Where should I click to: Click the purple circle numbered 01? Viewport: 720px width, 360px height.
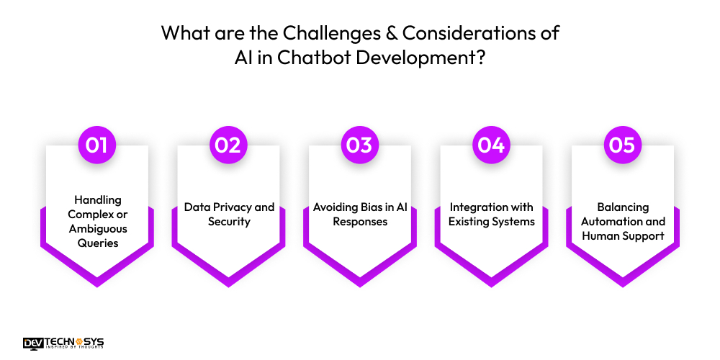click(x=96, y=145)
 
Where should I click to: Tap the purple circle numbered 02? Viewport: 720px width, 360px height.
click(x=228, y=145)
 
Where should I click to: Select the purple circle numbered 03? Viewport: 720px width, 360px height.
click(x=359, y=145)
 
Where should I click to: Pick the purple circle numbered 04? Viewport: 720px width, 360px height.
click(x=491, y=145)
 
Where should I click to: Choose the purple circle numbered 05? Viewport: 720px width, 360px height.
click(x=622, y=145)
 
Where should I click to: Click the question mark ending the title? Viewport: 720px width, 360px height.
click(x=480, y=58)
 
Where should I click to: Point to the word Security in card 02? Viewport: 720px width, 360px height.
click(x=229, y=222)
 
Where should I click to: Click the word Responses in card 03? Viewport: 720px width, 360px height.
click(x=359, y=222)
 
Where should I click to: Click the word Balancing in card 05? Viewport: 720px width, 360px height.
click(x=623, y=207)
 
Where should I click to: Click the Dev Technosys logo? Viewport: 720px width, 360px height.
click(x=63, y=343)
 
